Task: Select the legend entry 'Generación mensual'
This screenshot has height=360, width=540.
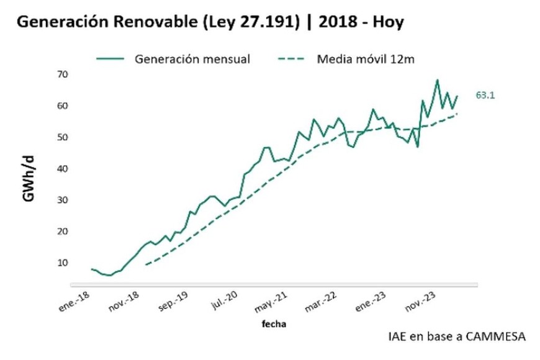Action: point(192,59)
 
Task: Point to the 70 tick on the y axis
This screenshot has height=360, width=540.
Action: point(62,74)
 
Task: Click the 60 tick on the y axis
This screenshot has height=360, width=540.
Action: point(62,106)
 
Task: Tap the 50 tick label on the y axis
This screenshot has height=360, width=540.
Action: point(62,137)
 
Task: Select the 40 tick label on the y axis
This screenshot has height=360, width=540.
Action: point(62,168)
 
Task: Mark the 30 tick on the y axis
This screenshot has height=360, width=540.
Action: point(62,200)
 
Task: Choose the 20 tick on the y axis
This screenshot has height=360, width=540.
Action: point(62,231)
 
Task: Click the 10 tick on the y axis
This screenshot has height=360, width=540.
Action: point(62,263)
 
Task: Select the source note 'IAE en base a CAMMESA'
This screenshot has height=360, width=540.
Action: point(456,336)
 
